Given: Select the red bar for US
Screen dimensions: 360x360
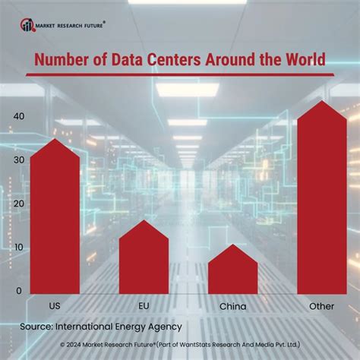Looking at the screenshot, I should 55,220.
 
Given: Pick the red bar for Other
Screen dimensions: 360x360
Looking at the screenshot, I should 322,201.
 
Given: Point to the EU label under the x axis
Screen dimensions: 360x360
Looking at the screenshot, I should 143,305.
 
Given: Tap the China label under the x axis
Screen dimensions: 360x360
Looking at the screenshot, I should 232,306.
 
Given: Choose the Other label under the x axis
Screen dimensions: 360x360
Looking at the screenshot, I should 322,305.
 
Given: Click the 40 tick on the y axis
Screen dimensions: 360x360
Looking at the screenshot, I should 17,116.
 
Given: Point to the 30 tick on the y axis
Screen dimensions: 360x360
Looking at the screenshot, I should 17,160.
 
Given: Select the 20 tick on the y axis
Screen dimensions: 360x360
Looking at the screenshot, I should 17,204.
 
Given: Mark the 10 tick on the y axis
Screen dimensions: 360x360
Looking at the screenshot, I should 17,248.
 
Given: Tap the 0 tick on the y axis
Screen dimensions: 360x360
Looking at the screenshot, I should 19,292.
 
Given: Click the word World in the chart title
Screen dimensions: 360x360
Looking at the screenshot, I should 302,60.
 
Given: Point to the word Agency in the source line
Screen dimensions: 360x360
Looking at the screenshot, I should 162,327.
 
